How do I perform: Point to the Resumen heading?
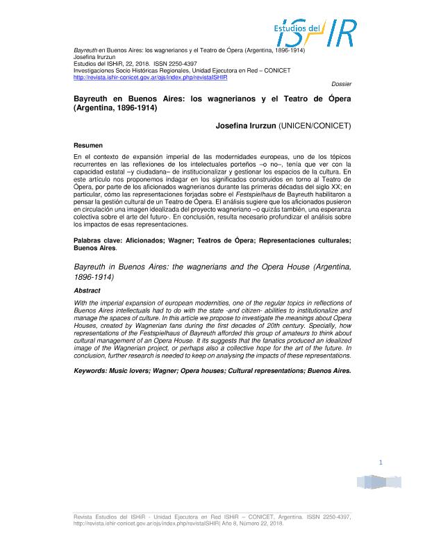(x=88, y=145)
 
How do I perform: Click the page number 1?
(x=381, y=463)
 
